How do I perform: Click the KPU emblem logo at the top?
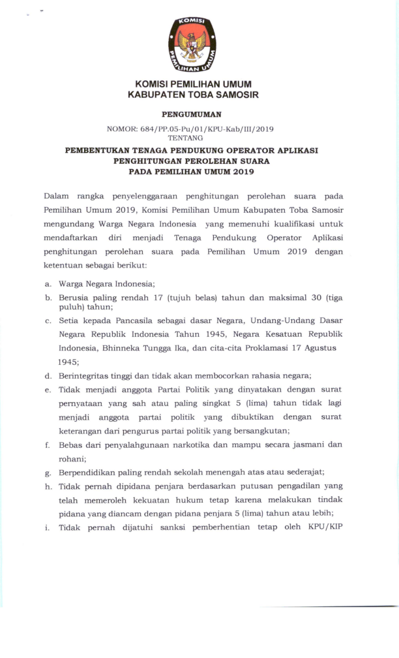click(x=192, y=44)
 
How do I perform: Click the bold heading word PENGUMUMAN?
click(x=192, y=114)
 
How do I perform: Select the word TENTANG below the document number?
click(x=185, y=138)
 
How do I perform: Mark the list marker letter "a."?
click(x=48, y=284)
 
